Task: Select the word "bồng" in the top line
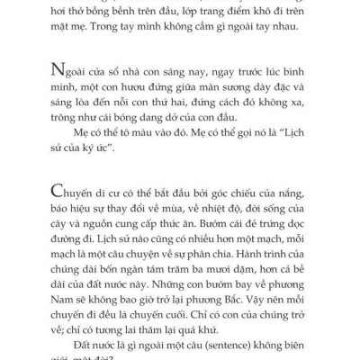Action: tap(121, 14)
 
